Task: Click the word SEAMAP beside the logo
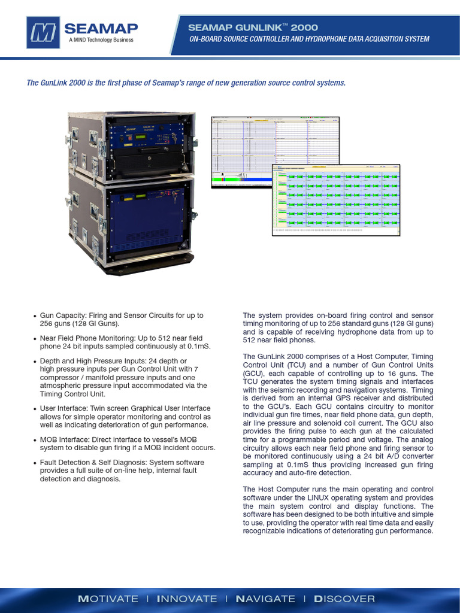101,28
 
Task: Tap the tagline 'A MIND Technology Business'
101,40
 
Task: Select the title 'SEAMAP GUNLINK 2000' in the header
253,28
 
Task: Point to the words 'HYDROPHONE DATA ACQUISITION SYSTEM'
359,39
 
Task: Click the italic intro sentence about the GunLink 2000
186,83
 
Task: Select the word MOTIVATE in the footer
108,599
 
